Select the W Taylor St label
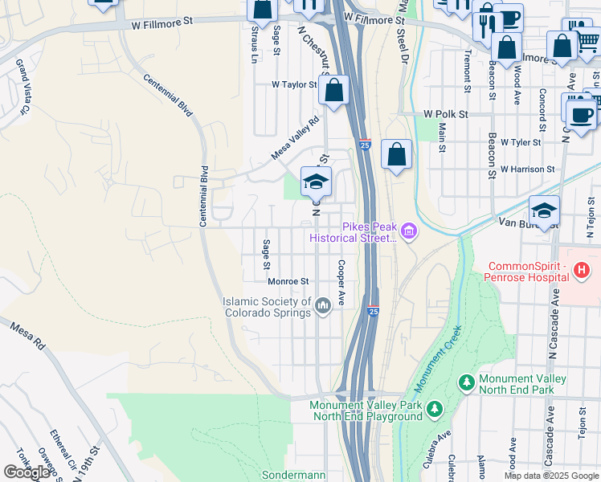coord(294,84)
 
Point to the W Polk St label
coord(446,115)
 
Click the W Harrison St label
coord(527,170)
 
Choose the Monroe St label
coord(288,281)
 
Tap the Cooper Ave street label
coord(341,282)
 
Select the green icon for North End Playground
coord(434,411)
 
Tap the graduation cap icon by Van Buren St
coord(544,210)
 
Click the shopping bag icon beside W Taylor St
coord(333,89)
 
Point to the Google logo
coord(27,472)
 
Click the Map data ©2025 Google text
coord(550,476)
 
